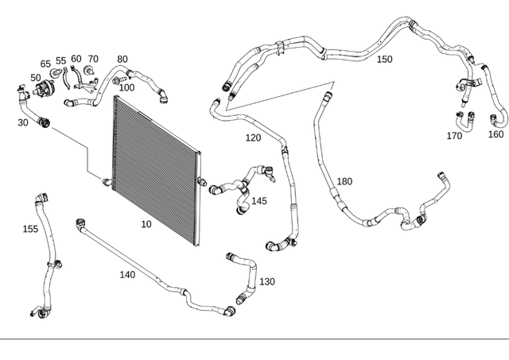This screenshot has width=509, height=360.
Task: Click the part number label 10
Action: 146,225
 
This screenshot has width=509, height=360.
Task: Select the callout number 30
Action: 22,122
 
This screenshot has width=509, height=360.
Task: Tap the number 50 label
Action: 36,77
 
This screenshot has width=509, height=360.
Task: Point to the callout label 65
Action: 45,64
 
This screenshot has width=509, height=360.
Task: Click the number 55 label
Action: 61,60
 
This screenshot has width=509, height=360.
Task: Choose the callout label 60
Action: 76,59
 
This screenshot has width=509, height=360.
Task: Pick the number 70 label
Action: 93,59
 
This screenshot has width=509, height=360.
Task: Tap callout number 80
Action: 122,59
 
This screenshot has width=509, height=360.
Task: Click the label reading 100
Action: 126,87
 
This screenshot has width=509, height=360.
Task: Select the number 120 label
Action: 253,137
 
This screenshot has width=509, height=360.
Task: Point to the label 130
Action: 267,281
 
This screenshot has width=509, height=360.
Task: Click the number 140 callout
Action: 127,275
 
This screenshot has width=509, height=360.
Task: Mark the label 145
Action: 259,201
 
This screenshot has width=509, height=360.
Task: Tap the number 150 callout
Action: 384,59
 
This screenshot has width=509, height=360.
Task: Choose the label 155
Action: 30,229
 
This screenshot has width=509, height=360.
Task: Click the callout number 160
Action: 495,134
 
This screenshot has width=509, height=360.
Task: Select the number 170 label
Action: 454,136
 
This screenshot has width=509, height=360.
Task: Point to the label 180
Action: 344,181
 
